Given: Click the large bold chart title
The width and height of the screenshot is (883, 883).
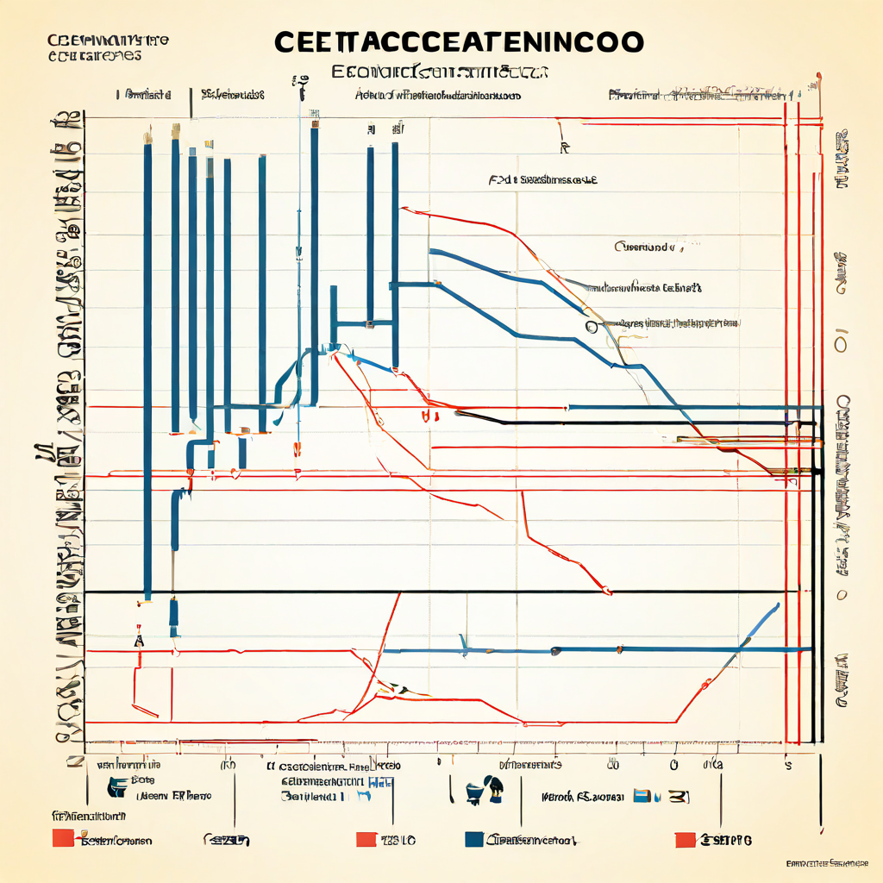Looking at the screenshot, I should point(458,43).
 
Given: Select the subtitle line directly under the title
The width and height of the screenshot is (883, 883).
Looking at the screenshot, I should point(441,72).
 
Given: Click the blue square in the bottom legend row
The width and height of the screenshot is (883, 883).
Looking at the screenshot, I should point(473,839).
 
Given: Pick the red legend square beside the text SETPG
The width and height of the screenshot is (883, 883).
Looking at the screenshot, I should point(685,839).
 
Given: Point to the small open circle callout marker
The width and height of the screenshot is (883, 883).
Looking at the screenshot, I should point(591,327).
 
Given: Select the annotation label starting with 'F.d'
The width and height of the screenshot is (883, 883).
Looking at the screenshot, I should point(542,181).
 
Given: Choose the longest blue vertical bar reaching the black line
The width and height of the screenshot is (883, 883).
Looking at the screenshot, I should point(147,371).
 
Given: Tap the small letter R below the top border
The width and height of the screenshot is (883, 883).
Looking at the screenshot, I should point(565,148).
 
